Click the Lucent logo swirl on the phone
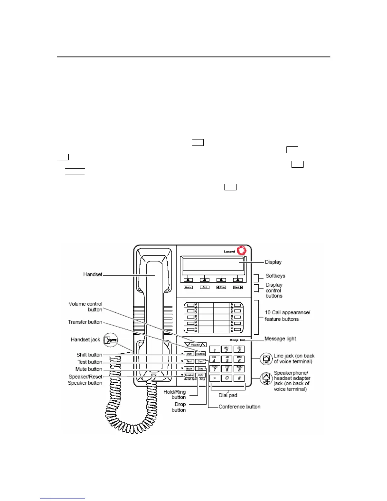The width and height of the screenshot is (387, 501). [x=242, y=250]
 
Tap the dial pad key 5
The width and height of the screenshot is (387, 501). [x=227, y=360]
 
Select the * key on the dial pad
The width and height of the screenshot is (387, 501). [x=215, y=378]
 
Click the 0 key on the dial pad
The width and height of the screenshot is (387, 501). [x=227, y=378]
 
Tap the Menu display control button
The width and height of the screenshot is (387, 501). [x=188, y=287]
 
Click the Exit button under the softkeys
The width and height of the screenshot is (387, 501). [x=205, y=287]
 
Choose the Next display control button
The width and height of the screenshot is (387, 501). [x=238, y=287]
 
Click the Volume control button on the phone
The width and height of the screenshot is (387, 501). [x=195, y=344]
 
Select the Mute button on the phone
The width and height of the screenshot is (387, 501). [x=189, y=368]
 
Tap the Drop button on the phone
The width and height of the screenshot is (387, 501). [x=200, y=368]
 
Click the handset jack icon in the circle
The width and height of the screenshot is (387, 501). [x=111, y=340]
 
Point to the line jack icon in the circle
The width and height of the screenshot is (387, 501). [x=266, y=359]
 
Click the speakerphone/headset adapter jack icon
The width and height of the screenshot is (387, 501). [x=266, y=379]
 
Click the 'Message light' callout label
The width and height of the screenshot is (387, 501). [x=280, y=339]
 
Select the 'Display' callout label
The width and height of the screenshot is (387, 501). [x=273, y=262]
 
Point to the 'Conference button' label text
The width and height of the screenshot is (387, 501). [x=239, y=407]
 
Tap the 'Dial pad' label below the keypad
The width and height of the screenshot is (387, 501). [x=228, y=395]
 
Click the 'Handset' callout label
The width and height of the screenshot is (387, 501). [x=93, y=275]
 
